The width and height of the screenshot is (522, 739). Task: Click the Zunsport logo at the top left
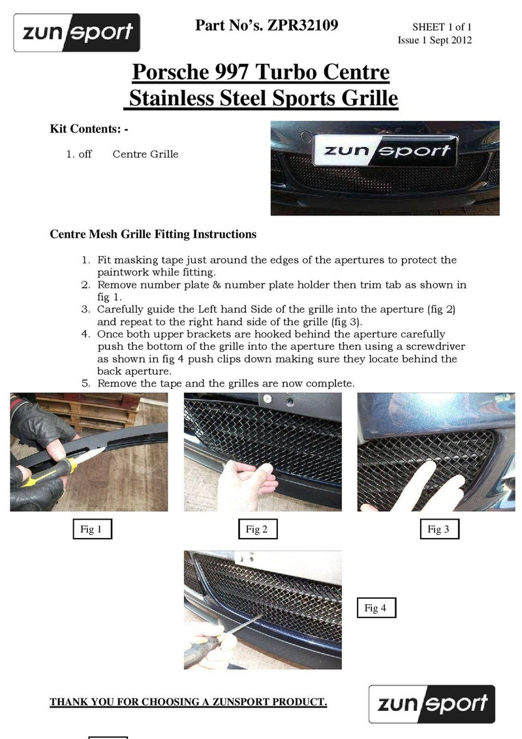(77, 32)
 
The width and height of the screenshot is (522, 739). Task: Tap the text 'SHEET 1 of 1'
(441, 27)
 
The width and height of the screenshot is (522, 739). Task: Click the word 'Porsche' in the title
(169, 72)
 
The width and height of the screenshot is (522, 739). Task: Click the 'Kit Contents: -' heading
(89, 129)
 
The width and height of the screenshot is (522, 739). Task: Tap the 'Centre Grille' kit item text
(145, 155)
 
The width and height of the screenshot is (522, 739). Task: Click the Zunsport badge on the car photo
(384, 151)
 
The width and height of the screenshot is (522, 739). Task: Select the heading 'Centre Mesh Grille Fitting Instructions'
(153, 234)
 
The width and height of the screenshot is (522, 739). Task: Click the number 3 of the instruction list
(85, 309)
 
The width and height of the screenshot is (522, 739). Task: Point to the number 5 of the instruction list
(85, 384)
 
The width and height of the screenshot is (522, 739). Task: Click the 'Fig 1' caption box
(91, 529)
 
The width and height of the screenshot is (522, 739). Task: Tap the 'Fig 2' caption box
(257, 529)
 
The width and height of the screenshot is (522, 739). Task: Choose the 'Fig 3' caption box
(438, 529)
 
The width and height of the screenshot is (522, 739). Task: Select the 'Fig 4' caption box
(375, 608)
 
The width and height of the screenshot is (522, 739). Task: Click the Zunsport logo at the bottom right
(431, 703)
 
